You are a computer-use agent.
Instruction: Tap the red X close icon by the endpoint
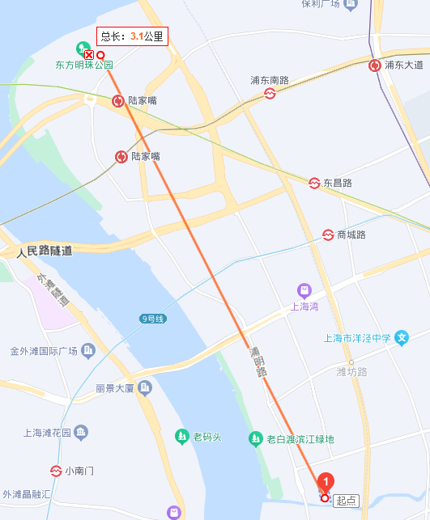89,54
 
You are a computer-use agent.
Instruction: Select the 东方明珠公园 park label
83,65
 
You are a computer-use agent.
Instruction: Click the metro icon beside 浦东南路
270,94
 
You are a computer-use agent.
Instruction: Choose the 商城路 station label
351,235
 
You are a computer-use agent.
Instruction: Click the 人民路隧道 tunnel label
45,252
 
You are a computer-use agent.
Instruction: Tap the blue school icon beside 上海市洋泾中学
402,338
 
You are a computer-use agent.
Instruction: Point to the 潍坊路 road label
351,371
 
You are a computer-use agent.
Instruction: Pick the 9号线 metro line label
152,319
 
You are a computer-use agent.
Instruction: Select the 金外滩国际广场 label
43,351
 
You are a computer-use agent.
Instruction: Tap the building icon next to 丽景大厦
145,388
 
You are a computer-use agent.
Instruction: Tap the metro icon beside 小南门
57,470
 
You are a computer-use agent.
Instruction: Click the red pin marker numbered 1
326,483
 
